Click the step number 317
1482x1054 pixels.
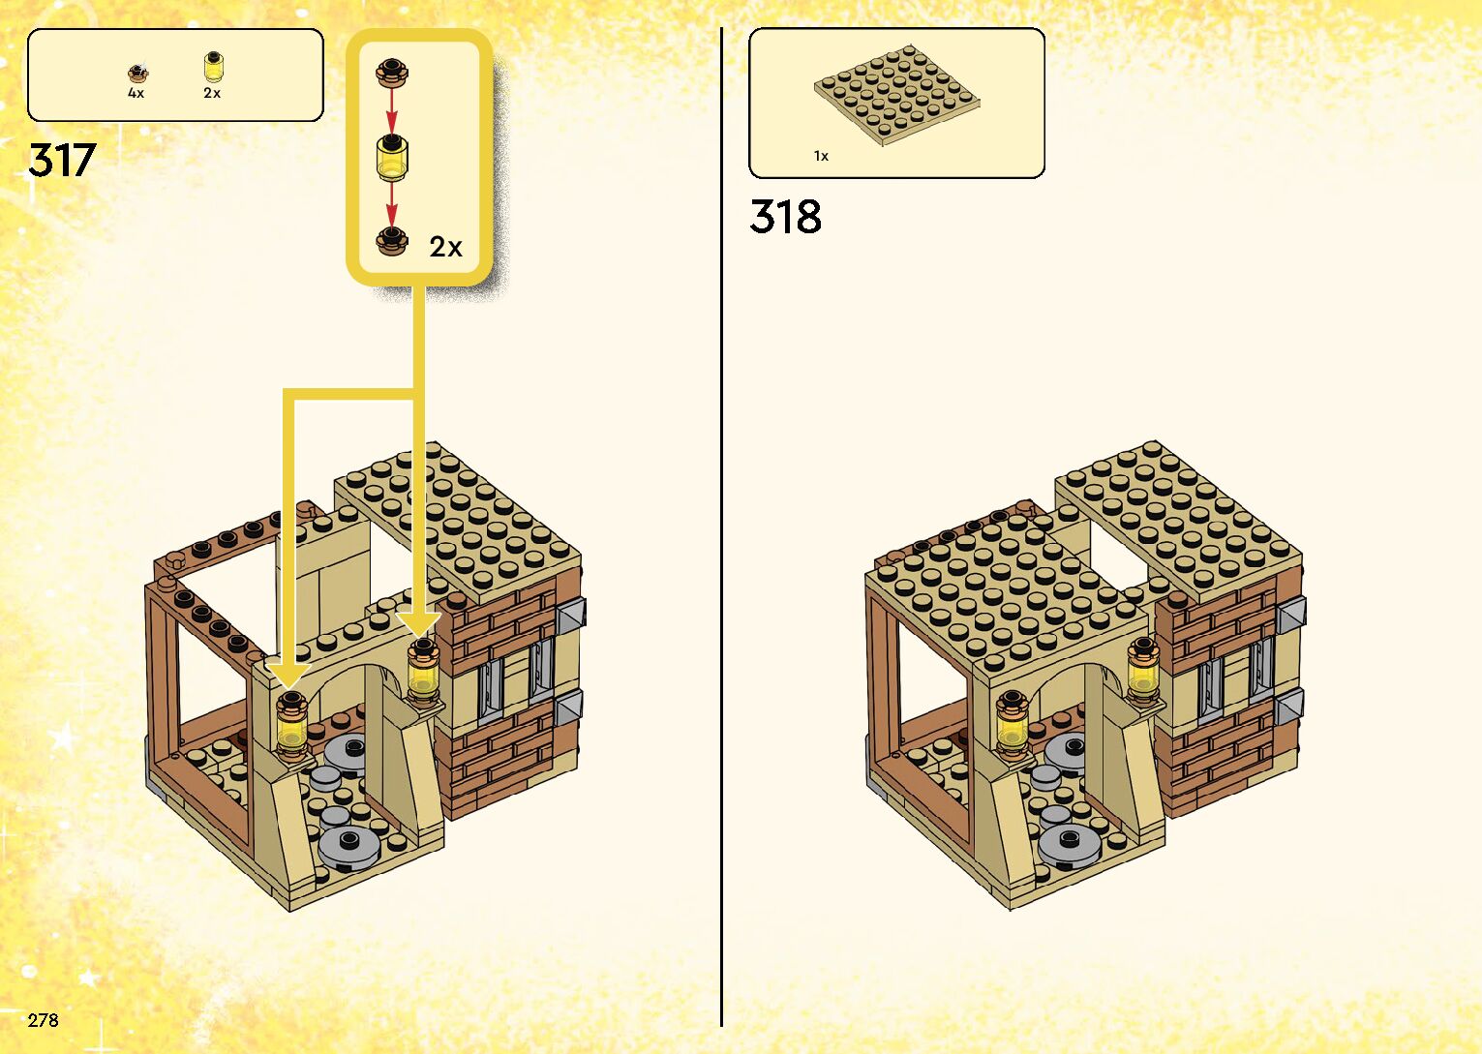tap(62, 160)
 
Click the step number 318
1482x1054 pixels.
tap(785, 217)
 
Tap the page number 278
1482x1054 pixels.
tap(44, 1020)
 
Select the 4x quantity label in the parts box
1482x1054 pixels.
tap(136, 93)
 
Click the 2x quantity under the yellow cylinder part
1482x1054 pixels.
tap(212, 93)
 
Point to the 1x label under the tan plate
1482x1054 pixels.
tap(821, 156)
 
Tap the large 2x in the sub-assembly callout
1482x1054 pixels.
tap(445, 247)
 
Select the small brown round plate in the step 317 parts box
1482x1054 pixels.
tap(137, 73)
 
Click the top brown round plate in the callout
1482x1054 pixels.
tap(392, 72)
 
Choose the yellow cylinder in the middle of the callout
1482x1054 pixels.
tap(392, 158)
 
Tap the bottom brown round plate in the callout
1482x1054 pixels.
tap(392, 241)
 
